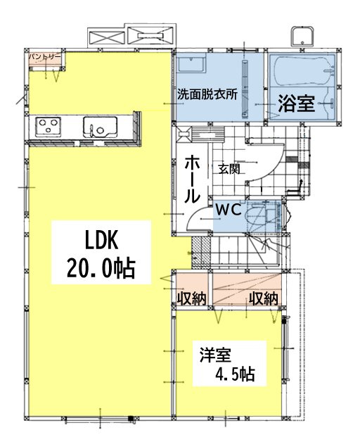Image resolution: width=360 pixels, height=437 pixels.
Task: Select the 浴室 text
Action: point(297,103)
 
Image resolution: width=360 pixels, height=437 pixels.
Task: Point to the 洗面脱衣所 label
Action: point(207,94)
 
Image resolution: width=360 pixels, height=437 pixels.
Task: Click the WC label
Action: point(229,210)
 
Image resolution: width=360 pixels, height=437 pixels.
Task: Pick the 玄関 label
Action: point(229,169)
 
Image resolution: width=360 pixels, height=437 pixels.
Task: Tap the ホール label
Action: point(192,179)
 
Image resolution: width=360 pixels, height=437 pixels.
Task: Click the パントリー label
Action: point(45,56)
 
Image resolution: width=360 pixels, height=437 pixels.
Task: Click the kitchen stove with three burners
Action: point(49,127)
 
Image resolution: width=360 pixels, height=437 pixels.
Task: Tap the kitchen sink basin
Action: point(100,127)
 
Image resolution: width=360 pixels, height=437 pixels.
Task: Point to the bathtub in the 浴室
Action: point(304,71)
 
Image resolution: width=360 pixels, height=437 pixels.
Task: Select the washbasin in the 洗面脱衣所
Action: point(191,63)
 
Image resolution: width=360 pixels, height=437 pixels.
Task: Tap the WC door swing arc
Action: point(197,215)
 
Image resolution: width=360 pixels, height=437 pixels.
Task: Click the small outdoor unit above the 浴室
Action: point(302,37)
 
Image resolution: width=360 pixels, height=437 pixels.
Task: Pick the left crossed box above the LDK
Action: point(106,37)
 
